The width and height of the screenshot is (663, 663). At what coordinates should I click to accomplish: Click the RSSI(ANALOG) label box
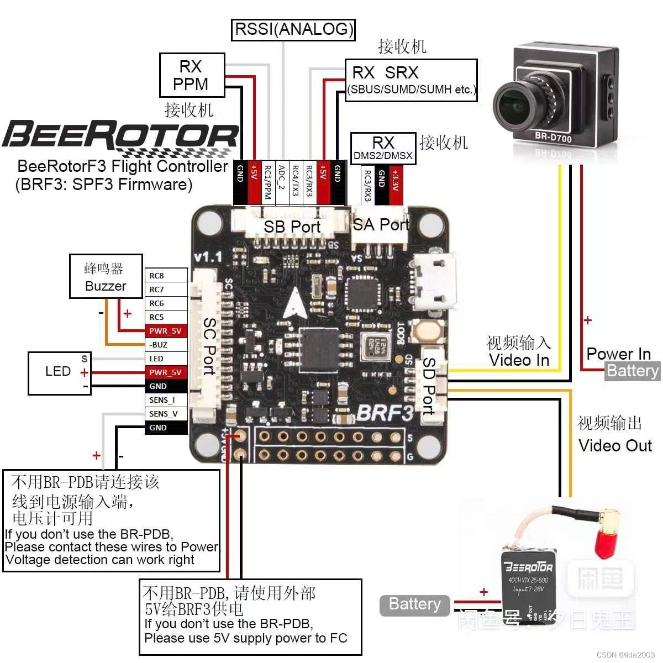[293, 29]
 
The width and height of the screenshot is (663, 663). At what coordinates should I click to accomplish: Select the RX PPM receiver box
[192, 75]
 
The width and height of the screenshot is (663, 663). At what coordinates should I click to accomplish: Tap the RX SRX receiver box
[411, 80]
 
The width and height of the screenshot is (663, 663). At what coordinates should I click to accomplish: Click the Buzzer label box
[106, 276]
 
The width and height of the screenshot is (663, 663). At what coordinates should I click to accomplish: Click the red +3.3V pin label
[394, 179]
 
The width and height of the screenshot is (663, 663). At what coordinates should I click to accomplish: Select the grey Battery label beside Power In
[633, 371]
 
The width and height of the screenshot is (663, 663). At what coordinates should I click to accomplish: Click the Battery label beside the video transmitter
[415, 605]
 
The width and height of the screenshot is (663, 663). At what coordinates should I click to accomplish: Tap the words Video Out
[615, 445]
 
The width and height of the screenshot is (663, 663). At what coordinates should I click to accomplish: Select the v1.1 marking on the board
[208, 256]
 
